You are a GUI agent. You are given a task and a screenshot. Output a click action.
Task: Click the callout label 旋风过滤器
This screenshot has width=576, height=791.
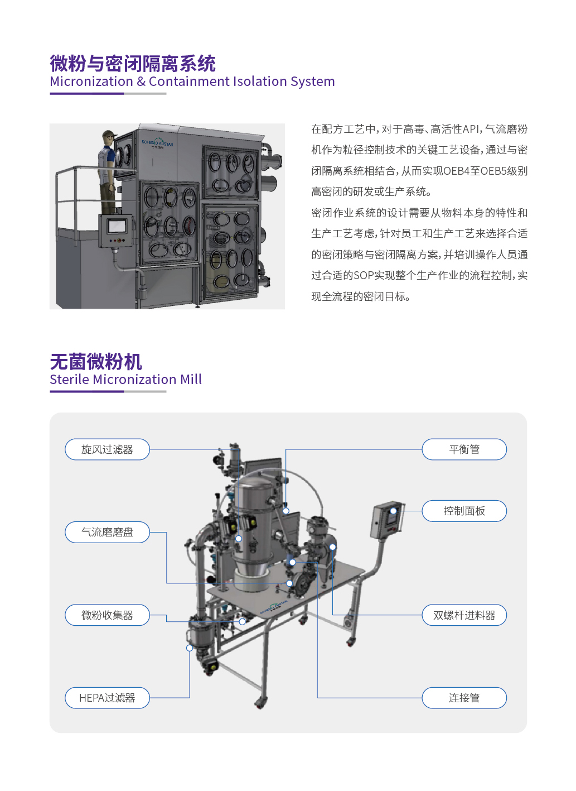click(107, 449)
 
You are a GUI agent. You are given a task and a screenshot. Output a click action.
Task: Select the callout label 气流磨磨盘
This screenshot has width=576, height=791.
click(107, 532)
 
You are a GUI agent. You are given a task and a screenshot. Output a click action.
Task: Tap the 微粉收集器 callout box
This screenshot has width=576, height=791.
click(107, 615)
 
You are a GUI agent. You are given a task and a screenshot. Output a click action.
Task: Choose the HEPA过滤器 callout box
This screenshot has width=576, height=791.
click(107, 698)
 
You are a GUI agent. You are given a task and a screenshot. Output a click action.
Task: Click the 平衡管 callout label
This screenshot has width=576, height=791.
click(464, 449)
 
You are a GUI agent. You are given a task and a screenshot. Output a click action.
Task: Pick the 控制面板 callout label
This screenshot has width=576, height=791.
click(464, 511)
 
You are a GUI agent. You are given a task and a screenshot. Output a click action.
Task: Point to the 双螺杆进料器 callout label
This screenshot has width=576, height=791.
click(464, 615)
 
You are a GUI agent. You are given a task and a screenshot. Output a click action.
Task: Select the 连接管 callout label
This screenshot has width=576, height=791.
click(464, 698)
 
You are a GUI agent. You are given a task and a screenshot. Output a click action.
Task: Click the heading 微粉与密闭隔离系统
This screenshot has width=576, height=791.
click(133, 64)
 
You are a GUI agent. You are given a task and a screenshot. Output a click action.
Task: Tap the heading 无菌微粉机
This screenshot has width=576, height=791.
click(96, 362)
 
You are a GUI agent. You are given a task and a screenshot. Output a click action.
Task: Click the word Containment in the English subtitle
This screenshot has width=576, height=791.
click(189, 82)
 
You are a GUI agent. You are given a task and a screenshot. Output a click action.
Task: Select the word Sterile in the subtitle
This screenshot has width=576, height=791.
click(70, 380)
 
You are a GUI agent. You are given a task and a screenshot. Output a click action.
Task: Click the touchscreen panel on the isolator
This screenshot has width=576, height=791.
click(117, 226)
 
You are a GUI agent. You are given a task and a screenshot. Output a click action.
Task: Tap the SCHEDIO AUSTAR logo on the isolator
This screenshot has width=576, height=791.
click(157, 143)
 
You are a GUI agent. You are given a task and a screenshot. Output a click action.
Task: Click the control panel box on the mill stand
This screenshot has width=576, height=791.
click(388, 520)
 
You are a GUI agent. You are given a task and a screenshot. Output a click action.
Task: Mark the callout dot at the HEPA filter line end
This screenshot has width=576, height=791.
click(190, 648)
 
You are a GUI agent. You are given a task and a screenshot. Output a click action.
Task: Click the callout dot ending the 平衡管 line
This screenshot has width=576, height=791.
click(286, 511)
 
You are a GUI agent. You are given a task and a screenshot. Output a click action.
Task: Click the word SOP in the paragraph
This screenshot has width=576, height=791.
click(364, 275)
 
